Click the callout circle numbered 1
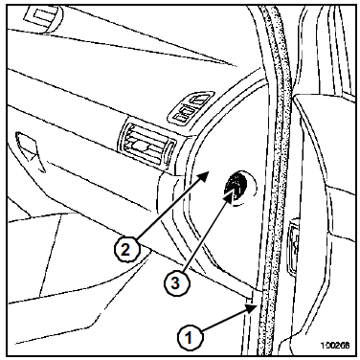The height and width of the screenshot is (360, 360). pos(190,338)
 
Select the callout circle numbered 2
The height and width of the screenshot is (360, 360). pos(126,250)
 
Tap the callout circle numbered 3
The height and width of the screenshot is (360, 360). pos(176,282)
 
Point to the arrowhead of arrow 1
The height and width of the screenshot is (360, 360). pos(251,308)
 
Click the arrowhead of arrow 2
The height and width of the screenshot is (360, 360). pos(204,176)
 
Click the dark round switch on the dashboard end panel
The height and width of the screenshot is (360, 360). pos(236,187)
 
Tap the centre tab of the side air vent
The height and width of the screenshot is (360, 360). pos(141,146)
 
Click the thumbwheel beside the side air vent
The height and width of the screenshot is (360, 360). pos(169,152)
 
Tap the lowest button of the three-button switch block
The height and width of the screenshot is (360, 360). pos(180,118)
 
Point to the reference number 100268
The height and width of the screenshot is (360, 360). pos(335,345)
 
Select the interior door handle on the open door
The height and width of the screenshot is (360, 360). pos(294,247)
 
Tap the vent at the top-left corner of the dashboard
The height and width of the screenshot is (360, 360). pos(44,17)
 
